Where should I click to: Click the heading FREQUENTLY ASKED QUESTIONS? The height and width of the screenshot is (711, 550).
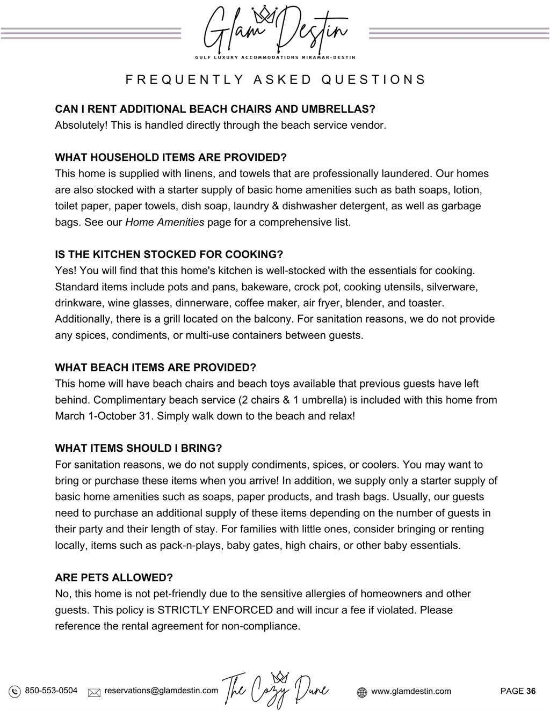[275, 80]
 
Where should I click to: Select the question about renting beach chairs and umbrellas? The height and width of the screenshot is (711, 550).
[215, 109]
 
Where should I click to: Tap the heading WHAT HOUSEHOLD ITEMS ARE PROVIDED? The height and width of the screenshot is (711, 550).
[171, 158]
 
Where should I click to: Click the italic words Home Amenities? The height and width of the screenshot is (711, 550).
[164, 222]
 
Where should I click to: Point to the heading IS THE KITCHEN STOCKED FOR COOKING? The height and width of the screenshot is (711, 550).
[169, 254]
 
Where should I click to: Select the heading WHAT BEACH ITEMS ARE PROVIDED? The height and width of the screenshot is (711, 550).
[155, 368]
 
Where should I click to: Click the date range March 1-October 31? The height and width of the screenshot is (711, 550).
[104, 416]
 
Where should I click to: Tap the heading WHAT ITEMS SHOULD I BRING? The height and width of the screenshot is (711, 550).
[138, 448]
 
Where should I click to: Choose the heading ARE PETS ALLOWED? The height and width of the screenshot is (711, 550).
[114, 578]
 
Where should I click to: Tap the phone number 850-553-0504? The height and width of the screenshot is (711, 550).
[51, 691]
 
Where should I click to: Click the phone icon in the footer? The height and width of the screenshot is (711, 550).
[15, 691]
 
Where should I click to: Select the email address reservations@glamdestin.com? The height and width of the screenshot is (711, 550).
[161, 691]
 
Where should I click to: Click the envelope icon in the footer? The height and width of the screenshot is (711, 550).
[94, 692]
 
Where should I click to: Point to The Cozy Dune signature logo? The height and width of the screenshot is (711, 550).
[276, 689]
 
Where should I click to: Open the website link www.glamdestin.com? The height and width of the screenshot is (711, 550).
[411, 691]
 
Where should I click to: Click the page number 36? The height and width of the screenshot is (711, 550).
[531, 691]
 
